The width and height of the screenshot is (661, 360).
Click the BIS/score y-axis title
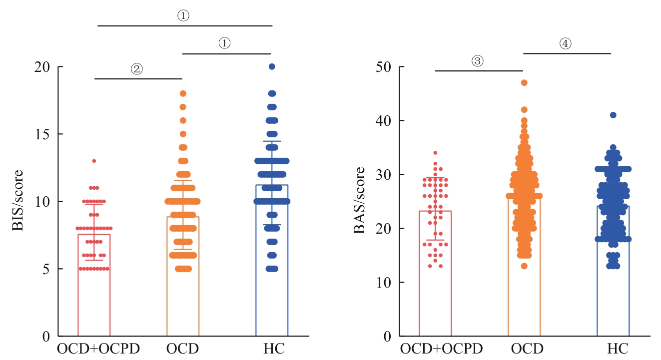click(18, 201)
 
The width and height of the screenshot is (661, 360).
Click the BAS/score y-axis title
click(359, 201)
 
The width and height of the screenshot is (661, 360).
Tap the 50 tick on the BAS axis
click(384, 67)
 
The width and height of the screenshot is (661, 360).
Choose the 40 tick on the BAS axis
click(384, 121)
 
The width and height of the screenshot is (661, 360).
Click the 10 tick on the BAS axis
click(384, 283)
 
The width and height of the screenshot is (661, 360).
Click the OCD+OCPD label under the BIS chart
click(94, 348)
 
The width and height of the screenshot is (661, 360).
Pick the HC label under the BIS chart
click(272, 348)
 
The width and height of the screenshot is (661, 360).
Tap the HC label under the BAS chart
click(613, 348)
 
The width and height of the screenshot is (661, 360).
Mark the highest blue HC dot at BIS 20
click(272, 66)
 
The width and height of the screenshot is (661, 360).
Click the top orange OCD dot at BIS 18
click(183, 93)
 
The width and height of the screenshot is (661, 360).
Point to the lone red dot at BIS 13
click(94, 161)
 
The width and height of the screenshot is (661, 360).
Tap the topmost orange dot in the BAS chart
click(524, 83)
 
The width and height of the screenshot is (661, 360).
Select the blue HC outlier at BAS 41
click(613, 115)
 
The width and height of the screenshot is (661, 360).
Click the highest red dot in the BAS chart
click(435, 153)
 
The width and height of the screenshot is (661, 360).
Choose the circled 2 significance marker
click(137, 69)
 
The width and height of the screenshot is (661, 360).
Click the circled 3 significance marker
click(477, 61)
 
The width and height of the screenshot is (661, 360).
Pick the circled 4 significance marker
click(565, 44)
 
